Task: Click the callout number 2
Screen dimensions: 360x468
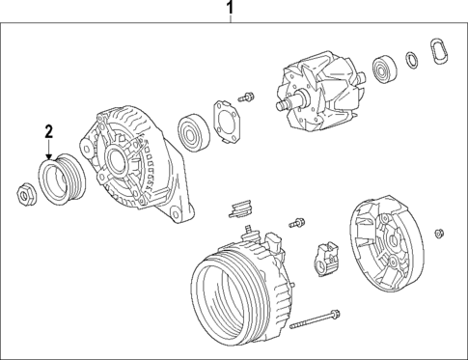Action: tap(48, 131)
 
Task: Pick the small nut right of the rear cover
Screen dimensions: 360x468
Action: tap(440, 232)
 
